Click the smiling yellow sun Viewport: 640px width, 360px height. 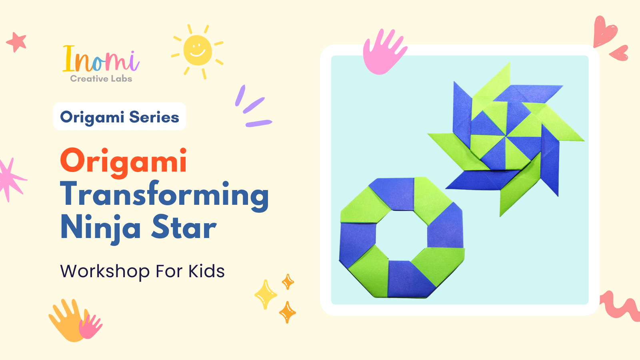pyautogui.click(x=198, y=50)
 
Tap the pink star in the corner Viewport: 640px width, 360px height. pyautogui.click(x=16, y=42)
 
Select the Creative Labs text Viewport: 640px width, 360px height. pyautogui.click(x=101, y=78)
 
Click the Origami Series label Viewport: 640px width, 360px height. pyautogui.click(x=120, y=116)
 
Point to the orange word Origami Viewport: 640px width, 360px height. pyautogui.click(x=124, y=162)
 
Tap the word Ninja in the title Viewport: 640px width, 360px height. pyautogui.click(x=100, y=228)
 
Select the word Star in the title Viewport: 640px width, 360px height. pyautogui.click(x=184, y=227)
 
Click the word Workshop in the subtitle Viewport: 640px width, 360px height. pyautogui.click(x=104, y=272)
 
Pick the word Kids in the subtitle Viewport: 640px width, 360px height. pyautogui.click(x=206, y=271)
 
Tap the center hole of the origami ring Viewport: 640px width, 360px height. pyautogui.click(x=402, y=235)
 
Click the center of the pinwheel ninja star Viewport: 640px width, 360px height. pyautogui.click(x=506, y=136)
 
